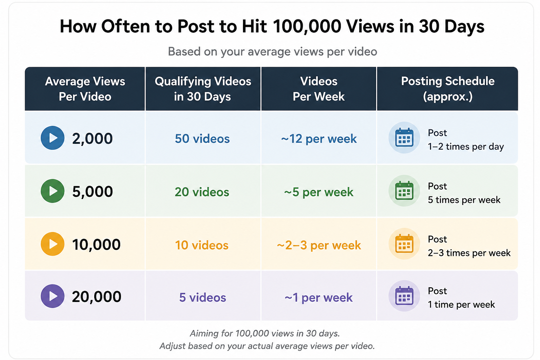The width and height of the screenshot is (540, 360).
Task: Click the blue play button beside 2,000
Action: [x=52, y=138]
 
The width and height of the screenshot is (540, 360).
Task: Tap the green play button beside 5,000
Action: [x=52, y=191]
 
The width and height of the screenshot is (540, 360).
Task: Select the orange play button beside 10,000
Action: [x=52, y=244]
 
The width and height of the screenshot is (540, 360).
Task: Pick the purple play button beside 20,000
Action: [x=52, y=296]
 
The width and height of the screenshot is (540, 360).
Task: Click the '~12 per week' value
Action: [x=319, y=139]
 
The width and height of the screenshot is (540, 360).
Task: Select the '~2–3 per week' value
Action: [x=319, y=245]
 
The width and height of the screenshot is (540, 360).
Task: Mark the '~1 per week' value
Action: [x=319, y=297]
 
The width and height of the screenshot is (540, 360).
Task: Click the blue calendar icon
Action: [x=404, y=137]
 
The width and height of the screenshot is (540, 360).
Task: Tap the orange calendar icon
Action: [x=404, y=244]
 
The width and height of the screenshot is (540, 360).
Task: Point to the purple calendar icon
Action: [x=404, y=296]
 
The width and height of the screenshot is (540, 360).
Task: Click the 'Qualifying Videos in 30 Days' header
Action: [x=203, y=89]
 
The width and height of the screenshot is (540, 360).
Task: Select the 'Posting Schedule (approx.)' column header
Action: [x=448, y=89]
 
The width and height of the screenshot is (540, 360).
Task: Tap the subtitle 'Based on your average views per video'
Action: [x=272, y=52]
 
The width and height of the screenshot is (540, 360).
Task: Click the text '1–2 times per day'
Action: [x=466, y=147]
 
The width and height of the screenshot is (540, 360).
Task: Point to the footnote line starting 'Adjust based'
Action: [x=267, y=346]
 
